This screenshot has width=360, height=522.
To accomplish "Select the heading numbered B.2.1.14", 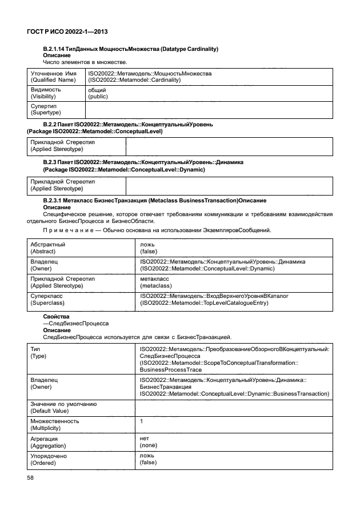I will (x=131, y=49).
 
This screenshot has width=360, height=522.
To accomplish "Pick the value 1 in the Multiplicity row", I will (x=141, y=421).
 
